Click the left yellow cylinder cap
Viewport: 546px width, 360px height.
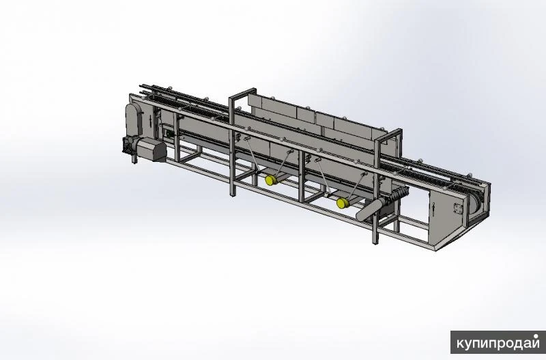(270, 180)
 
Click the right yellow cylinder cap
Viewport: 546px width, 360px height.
(342, 203)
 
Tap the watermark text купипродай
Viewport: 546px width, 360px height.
(498, 342)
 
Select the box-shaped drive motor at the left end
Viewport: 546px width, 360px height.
(152, 149)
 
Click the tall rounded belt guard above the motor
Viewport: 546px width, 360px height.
(134, 120)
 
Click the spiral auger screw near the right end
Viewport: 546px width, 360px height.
(397, 194)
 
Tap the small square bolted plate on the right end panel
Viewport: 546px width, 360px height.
(458, 209)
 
